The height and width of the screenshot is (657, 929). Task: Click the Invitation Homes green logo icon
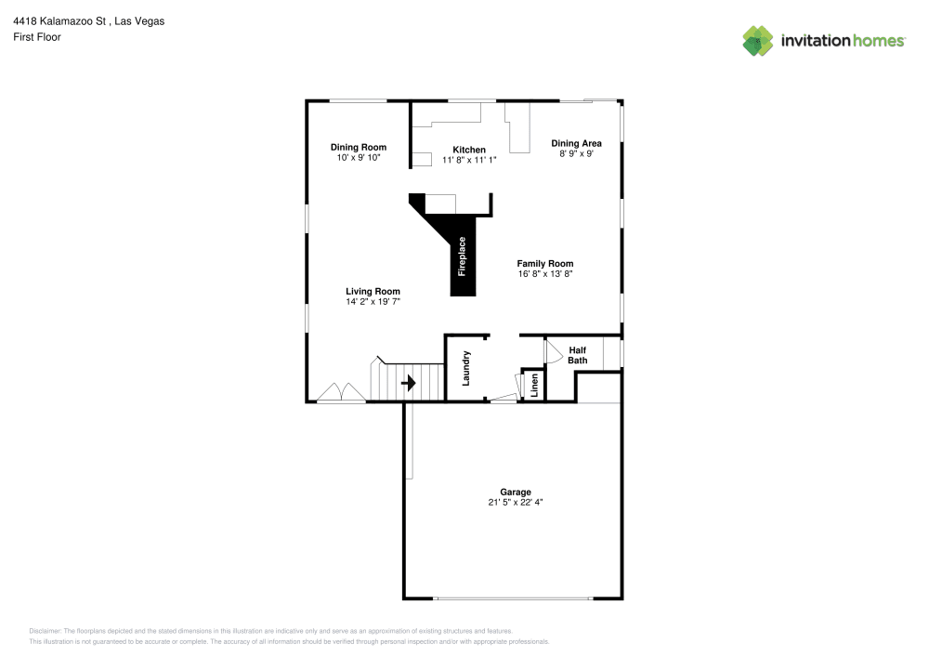758,41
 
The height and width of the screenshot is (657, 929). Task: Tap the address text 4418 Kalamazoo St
59,21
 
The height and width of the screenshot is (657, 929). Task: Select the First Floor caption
37,37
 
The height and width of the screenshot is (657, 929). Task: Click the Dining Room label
359,147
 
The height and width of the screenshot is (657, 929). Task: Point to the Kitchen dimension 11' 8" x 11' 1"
469,160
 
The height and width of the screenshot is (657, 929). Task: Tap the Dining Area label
577,143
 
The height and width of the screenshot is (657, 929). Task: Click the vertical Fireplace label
462,256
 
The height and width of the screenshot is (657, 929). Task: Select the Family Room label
545,264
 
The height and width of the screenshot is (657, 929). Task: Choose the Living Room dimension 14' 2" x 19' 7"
373,301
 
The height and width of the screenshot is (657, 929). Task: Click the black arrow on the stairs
408,383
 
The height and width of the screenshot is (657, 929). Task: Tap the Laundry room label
465,369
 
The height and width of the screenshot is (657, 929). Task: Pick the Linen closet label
534,385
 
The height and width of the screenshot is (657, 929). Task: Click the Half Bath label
578,355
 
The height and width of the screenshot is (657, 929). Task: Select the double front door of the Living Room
341,392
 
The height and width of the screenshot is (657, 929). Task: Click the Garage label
516,492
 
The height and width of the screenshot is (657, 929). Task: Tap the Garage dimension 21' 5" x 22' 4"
516,503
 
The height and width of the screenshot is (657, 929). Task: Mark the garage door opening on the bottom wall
513,598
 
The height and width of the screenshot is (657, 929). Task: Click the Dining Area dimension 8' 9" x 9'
577,153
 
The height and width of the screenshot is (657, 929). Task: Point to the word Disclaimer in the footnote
45,631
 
